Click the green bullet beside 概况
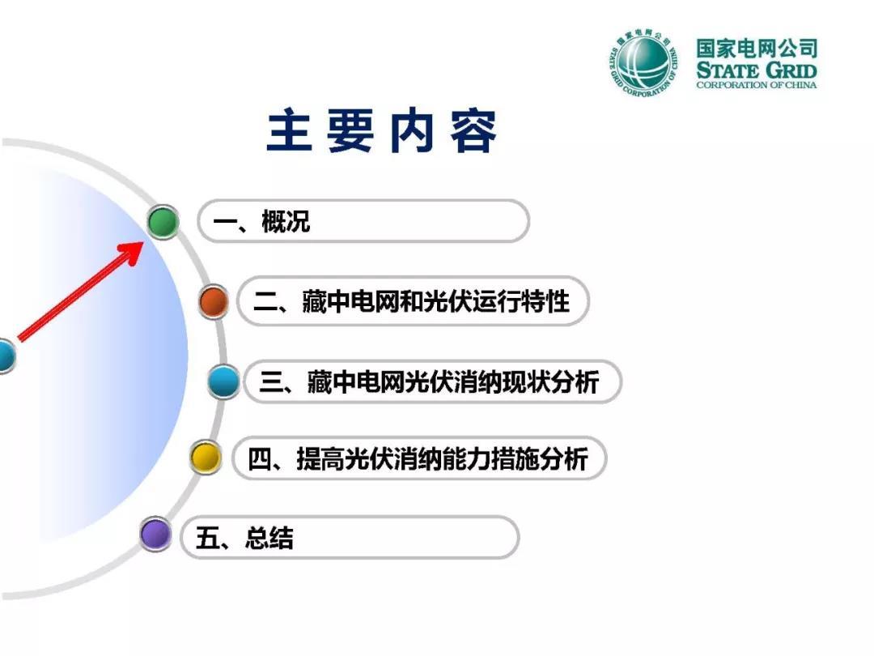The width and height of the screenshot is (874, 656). click(x=163, y=221)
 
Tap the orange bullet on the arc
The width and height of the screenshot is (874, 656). click(x=214, y=302)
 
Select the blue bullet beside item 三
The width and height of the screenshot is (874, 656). click(x=224, y=381)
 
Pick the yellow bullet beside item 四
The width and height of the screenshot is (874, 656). click(x=205, y=458)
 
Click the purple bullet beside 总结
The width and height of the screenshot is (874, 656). click(x=155, y=534)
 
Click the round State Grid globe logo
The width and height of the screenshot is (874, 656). click(x=643, y=62)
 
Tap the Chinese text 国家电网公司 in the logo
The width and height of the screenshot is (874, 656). click(x=757, y=49)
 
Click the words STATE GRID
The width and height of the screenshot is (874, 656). click(x=757, y=70)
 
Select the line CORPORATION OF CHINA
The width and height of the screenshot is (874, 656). click(x=757, y=85)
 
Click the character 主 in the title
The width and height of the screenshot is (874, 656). click(x=289, y=130)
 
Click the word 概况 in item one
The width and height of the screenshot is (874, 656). click(x=286, y=221)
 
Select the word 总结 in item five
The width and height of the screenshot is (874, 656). click(x=269, y=538)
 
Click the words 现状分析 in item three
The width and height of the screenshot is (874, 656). click(x=550, y=382)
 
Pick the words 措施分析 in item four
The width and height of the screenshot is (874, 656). click(x=540, y=459)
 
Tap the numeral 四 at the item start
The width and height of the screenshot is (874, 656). click(x=259, y=459)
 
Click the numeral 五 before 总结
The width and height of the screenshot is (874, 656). click(x=207, y=538)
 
